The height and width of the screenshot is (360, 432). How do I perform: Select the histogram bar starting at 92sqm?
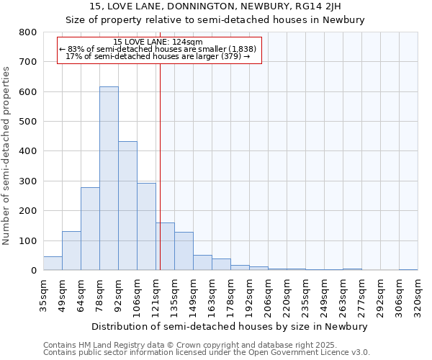[x=127, y=206]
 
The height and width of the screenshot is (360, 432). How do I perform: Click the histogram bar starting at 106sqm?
[x=146, y=227]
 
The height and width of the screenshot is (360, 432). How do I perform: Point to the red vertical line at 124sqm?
[x=160, y=166]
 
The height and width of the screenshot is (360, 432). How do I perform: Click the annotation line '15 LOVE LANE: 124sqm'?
[x=158, y=42]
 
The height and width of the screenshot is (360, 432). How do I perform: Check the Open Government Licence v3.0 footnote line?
[x=207, y=353]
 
